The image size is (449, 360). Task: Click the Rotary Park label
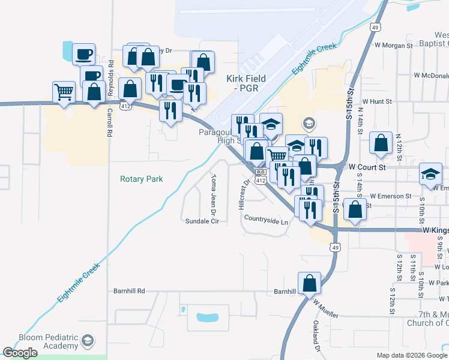point(142,179)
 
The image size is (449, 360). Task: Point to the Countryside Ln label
point(267,221)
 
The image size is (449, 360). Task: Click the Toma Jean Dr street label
point(212,194)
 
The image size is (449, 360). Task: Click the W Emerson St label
point(391,196)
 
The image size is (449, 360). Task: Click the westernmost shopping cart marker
point(64,92)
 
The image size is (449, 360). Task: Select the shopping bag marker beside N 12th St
point(381,144)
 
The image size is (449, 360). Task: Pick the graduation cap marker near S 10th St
point(430,173)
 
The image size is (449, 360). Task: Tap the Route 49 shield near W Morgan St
point(375,28)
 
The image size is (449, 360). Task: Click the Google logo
point(20,353)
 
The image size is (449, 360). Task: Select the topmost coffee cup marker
point(83,54)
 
